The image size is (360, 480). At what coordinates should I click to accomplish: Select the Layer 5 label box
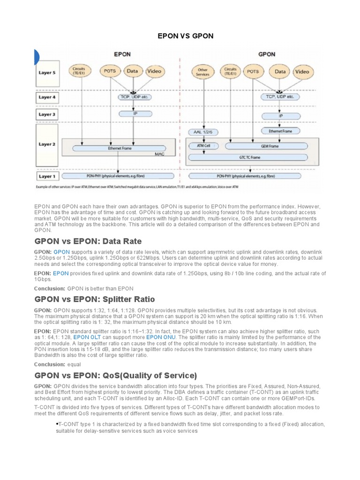coord(47,73)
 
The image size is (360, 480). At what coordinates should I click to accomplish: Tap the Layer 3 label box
coord(47,114)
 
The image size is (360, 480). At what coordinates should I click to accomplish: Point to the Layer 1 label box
coord(47,176)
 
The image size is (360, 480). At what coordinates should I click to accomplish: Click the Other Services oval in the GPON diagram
coord(202,72)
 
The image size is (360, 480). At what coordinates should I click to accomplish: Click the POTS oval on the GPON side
coord(253,72)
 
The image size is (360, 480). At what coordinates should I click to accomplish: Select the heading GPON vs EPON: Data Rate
coord(88,241)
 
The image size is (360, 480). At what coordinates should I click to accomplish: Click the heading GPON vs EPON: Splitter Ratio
coord(95,299)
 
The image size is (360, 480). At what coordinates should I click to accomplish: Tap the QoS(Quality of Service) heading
coord(116,375)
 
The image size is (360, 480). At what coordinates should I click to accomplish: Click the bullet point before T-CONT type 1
coord(57,423)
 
